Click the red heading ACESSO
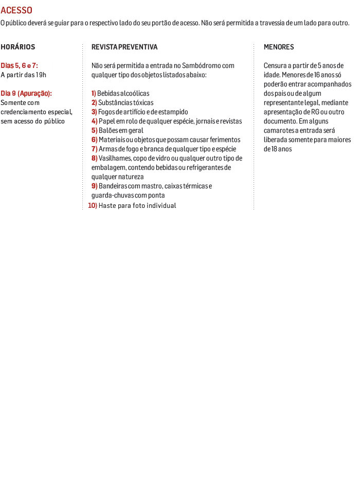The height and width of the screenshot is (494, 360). pos(16,10)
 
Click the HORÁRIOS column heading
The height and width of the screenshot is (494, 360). pos(18,47)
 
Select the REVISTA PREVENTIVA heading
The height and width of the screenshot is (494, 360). pos(124,47)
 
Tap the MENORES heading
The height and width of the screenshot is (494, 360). pos(279,47)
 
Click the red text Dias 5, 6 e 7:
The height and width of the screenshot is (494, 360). pos(19,66)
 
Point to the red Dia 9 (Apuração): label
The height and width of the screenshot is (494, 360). pos(26,93)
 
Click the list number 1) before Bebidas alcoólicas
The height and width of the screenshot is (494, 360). pos(94,93)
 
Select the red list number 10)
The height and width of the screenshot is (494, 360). pos(93,205)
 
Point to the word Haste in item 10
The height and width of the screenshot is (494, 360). pos(107,205)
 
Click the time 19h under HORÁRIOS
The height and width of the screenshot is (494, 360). pos(41,75)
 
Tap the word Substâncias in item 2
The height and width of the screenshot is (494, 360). pos(115,102)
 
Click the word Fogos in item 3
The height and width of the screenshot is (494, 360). pos(106,112)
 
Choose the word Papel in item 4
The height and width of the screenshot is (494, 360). pos(106,121)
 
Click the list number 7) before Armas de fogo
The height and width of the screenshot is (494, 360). pos(94,149)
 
